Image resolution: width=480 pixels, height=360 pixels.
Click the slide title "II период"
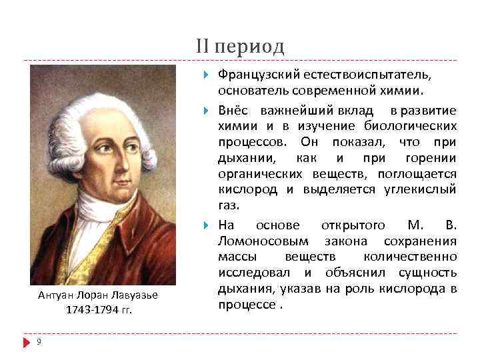tap(240, 47)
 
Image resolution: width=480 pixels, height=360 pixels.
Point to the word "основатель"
tap(250, 90)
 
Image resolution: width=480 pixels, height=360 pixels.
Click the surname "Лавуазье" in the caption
tap(136, 295)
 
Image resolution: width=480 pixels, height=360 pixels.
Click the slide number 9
tap(39, 342)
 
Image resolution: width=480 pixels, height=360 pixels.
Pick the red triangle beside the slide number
tap(27, 342)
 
